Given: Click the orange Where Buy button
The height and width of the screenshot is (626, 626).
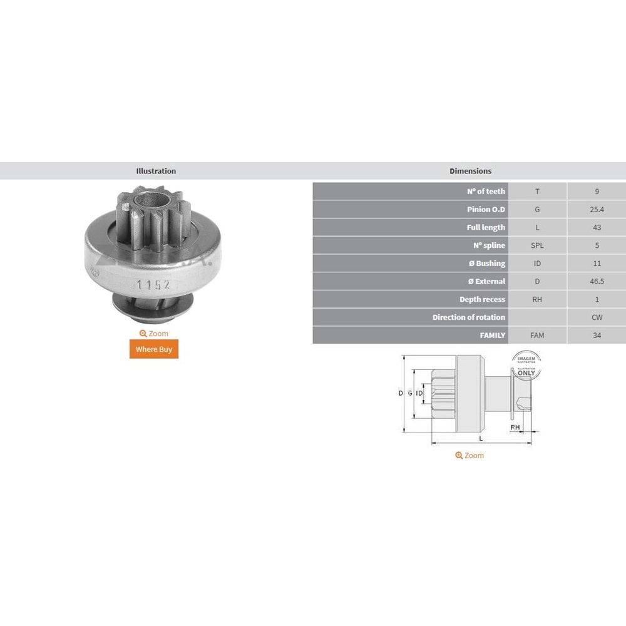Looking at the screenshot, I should (x=154, y=349).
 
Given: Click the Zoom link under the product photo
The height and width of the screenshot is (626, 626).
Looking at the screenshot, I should (x=154, y=334).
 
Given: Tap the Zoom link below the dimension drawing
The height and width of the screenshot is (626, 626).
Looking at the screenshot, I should (x=469, y=455).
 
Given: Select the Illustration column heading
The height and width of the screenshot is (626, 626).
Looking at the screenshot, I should (x=156, y=171).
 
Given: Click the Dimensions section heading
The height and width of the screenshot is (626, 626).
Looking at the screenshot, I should (x=470, y=171).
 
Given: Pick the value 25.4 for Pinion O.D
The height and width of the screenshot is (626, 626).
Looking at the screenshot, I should (x=597, y=210).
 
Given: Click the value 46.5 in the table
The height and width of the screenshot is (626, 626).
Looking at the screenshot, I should (x=597, y=282).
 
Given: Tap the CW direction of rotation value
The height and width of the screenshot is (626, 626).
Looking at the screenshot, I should (x=597, y=317).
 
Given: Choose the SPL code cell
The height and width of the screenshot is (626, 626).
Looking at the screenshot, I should (x=536, y=245).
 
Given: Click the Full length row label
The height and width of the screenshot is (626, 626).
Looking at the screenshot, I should (x=485, y=227).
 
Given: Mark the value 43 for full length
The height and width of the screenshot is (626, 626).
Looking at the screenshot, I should (x=597, y=227).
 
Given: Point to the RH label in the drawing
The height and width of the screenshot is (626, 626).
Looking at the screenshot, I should (x=515, y=427).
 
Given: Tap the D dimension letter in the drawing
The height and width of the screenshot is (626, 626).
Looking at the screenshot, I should (x=401, y=393).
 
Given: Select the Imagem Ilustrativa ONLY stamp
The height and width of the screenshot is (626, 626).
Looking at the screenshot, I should (x=526, y=366).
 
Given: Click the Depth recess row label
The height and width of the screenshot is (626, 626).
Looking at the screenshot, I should (x=482, y=300).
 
